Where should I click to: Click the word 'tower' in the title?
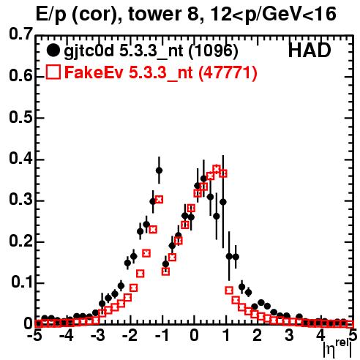(154, 14)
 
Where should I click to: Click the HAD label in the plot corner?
(310, 50)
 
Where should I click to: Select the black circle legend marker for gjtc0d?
(53, 50)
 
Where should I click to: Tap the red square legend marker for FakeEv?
(53, 72)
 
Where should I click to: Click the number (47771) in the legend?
(228, 72)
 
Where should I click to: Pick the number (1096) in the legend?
(214, 51)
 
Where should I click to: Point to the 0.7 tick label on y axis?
(20, 34)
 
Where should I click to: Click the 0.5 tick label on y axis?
(20, 117)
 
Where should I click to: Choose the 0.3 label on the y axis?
(20, 200)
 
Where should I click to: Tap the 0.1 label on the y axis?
(21, 282)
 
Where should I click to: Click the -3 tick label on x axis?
(98, 335)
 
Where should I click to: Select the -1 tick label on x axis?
(162, 335)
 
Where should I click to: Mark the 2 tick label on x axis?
(257, 335)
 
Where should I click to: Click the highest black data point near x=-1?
(159, 170)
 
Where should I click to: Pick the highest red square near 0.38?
(217, 168)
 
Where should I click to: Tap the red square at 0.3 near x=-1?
(159, 200)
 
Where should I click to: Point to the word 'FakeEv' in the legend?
(94, 72)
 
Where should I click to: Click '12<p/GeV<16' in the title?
(273, 14)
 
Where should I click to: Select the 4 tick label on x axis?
(321, 335)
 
